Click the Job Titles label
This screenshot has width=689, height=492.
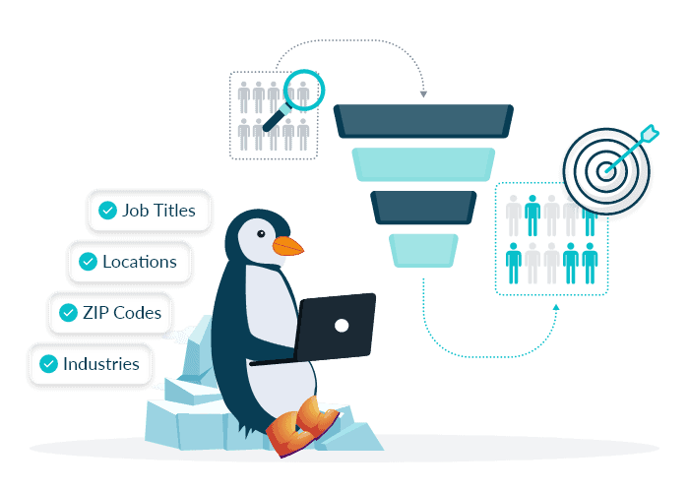click(159, 210)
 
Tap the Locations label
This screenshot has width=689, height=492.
click(140, 262)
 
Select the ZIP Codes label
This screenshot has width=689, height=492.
click(121, 313)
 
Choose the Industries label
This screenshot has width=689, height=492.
click(101, 364)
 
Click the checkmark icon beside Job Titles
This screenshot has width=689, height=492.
click(106, 210)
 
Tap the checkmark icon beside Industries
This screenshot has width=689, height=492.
click(47, 364)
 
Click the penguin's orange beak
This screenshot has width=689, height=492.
click(286, 246)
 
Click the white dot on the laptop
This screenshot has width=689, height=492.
click(342, 325)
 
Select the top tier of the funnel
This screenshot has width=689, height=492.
click(422, 119)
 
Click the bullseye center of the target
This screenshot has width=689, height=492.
click(607, 169)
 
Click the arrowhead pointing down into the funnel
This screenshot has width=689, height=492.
click(423, 94)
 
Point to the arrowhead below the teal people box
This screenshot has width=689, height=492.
click(555, 306)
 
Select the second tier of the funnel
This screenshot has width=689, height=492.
click(422, 163)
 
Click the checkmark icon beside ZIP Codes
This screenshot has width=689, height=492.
click(68, 313)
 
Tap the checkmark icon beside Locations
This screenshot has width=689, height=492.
click(87, 262)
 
